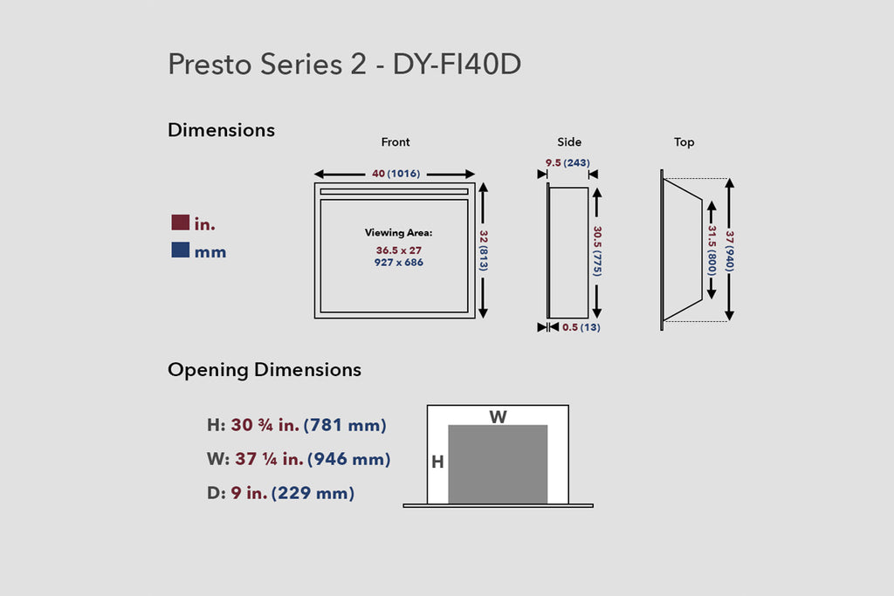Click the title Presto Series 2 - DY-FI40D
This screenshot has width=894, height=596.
tap(344, 65)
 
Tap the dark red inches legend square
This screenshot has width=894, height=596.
tap(181, 223)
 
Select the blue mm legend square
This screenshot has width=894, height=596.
tap(181, 251)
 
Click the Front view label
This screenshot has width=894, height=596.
tap(395, 142)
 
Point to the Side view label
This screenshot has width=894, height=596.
tap(569, 142)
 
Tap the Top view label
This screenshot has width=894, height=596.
tap(684, 142)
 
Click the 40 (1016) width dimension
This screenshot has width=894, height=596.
tap(394, 174)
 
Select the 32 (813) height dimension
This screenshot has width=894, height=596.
tap(483, 250)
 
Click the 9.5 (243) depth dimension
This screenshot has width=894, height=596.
tap(567, 163)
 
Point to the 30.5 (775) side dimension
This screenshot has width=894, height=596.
tap(597, 251)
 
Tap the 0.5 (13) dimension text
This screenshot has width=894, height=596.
tap(581, 327)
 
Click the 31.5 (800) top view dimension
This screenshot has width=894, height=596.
tap(712, 250)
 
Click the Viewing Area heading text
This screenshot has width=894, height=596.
tap(398, 233)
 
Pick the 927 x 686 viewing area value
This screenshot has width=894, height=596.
tap(398, 262)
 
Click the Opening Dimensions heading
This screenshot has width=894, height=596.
tap(265, 370)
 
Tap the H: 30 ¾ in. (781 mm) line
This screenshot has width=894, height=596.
tap(296, 426)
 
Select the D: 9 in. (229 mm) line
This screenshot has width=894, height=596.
tap(280, 493)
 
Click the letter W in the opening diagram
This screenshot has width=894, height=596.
tap(498, 417)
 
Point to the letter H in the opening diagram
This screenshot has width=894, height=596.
tap(437, 462)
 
